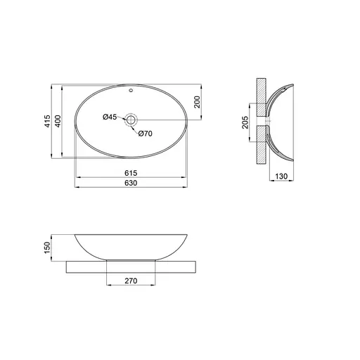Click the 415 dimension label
click(x=47, y=121)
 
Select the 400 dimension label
click(x=58, y=121)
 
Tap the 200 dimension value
click(x=198, y=102)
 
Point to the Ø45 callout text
click(x=110, y=117)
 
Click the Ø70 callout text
click(x=146, y=134)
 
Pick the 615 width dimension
click(x=131, y=173)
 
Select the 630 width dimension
click(x=131, y=183)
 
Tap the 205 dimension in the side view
click(x=245, y=122)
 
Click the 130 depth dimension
click(x=281, y=176)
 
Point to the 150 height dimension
click(x=47, y=247)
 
